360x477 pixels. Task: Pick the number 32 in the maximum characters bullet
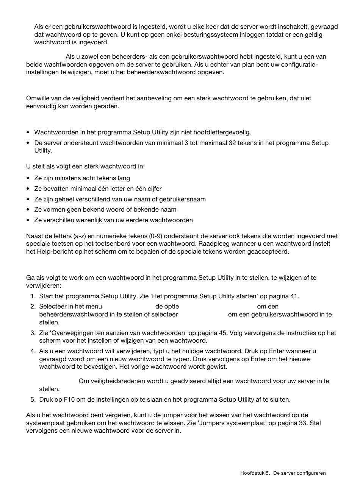tap(233, 143)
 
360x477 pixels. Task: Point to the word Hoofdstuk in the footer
tap(252, 473)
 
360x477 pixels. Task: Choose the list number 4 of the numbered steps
tap(33, 351)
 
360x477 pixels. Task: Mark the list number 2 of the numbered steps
tap(33, 306)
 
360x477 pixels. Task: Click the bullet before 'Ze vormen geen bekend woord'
tap(28, 210)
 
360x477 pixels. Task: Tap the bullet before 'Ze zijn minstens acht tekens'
tap(28, 178)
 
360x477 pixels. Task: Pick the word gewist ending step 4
tap(217, 366)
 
